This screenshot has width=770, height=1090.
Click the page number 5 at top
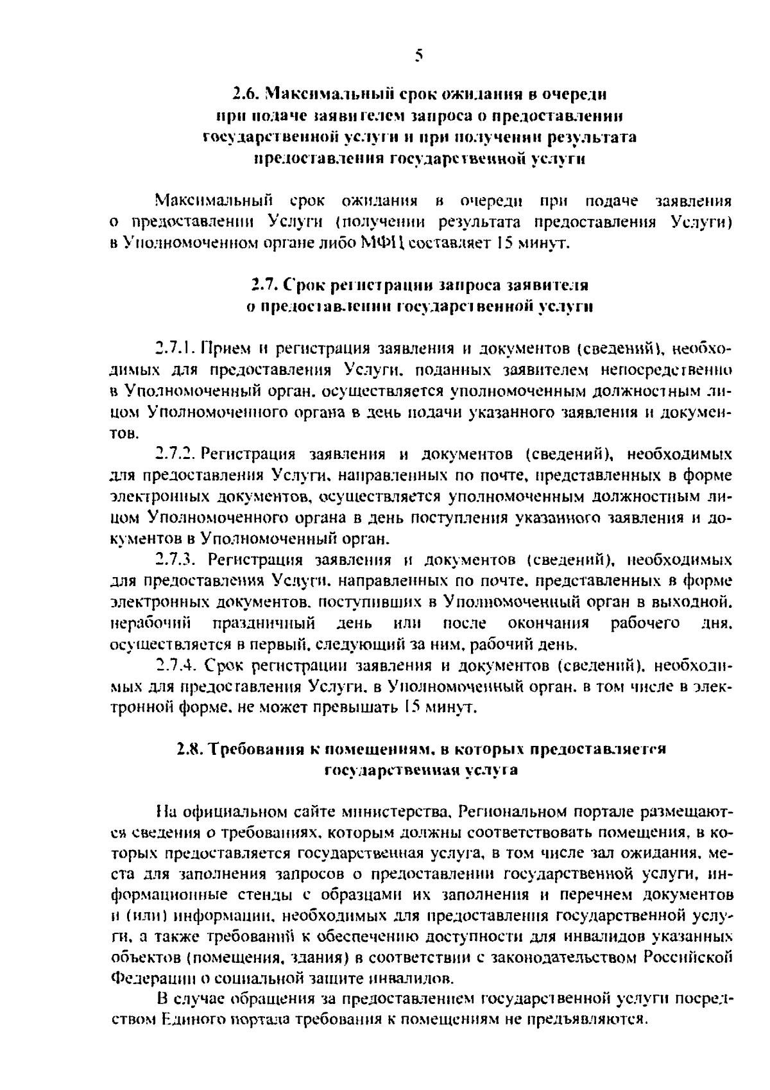click(418, 56)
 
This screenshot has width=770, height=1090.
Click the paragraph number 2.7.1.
click(175, 349)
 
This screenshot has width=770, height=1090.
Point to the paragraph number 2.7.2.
click(175, 454)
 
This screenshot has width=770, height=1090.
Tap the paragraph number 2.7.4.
click(175, 665)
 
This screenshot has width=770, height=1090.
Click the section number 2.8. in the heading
click(190, 749)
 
